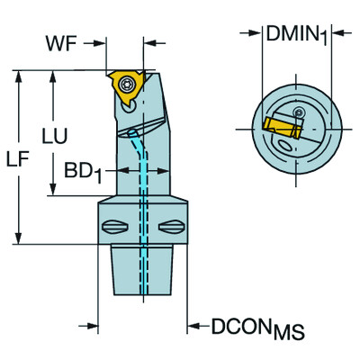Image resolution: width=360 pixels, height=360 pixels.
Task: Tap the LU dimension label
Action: (55, 138)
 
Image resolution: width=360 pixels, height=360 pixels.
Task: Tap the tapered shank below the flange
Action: (141, 270)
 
